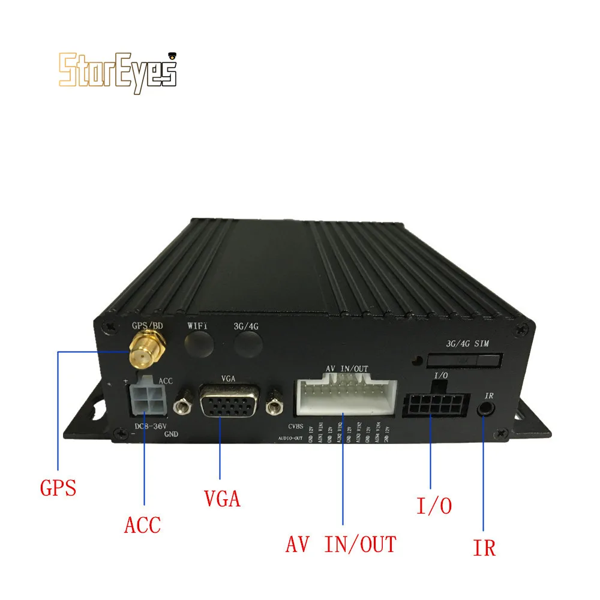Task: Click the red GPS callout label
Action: [x=58, y=487]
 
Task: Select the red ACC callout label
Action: [x=143, y=525]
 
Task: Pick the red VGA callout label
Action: [x=221, y=497]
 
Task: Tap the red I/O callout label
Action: [x=434, y=505]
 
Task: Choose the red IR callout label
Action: [x=484, y=547]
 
